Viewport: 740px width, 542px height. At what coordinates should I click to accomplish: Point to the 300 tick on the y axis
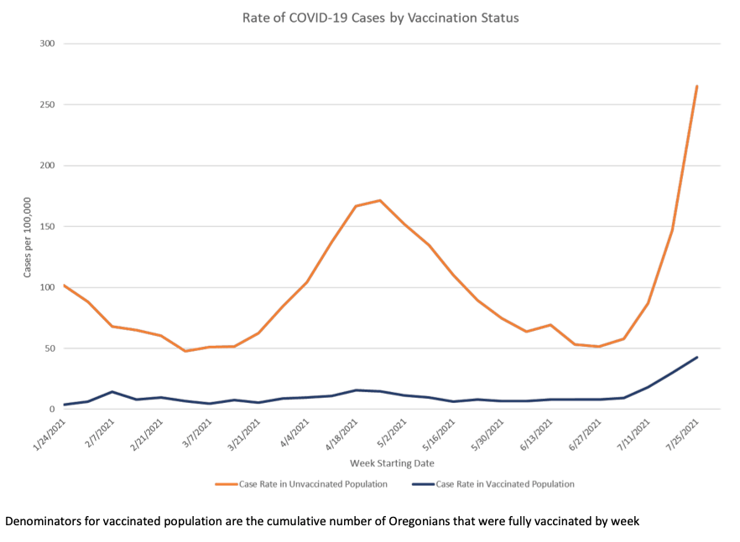click(x=47, y=44)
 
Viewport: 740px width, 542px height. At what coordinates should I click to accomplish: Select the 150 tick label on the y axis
click(x=47, y=226)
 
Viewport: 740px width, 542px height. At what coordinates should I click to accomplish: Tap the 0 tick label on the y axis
click(x=52, y=410)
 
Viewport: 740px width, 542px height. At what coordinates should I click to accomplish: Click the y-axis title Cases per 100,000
click(x=27, y=238)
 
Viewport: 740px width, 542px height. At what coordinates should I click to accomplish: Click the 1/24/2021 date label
click(x=50, y=431)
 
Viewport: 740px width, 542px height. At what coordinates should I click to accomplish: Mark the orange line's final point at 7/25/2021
click(x=696, y=86)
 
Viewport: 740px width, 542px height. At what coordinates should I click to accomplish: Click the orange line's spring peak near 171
click(x=380, y=200)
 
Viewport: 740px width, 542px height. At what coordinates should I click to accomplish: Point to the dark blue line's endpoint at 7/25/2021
click(x=696, y=358)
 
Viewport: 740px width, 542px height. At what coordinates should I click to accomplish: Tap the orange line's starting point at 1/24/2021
click(x=65, y=286)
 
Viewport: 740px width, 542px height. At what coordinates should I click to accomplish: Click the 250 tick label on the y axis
click(x=47, y=105)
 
